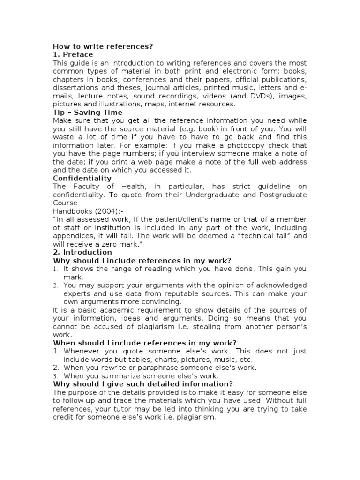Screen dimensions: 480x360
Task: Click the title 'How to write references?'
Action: (x=103, y=46)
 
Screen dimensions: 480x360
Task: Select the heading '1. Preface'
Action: (x=73, y=54)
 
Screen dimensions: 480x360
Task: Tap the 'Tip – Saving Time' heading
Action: (x=88, y=112)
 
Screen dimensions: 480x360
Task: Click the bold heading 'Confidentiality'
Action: (x=82, y=178)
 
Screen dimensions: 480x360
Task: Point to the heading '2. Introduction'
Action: (x=82, y=252)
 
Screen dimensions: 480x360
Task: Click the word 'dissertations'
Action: (x=75, y=88)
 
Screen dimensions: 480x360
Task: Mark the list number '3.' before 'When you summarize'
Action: (x=56, y=375)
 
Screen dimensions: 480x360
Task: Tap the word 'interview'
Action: (x=232, y=154)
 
